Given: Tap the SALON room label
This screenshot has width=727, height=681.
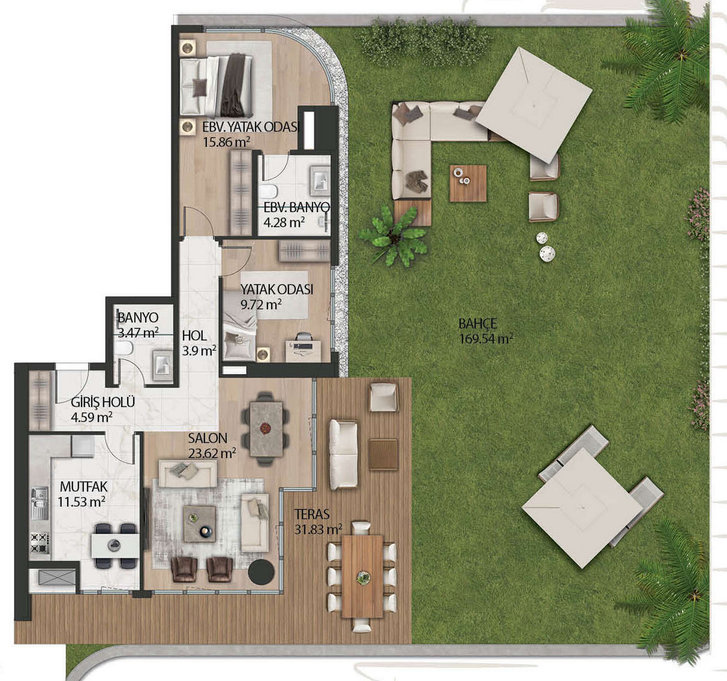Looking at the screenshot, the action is pos(208,438).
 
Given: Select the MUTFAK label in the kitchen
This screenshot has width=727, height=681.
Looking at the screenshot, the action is pos(84,487).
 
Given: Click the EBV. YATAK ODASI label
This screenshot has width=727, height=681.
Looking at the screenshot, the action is pos(251,127).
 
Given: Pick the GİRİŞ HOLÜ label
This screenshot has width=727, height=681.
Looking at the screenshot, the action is pos(103,402).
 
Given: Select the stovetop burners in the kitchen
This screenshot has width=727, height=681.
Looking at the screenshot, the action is pos(40,543).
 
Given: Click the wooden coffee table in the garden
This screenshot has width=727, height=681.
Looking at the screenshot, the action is pos(468,183).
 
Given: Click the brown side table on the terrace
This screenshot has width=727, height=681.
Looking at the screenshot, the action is pos(382,454).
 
